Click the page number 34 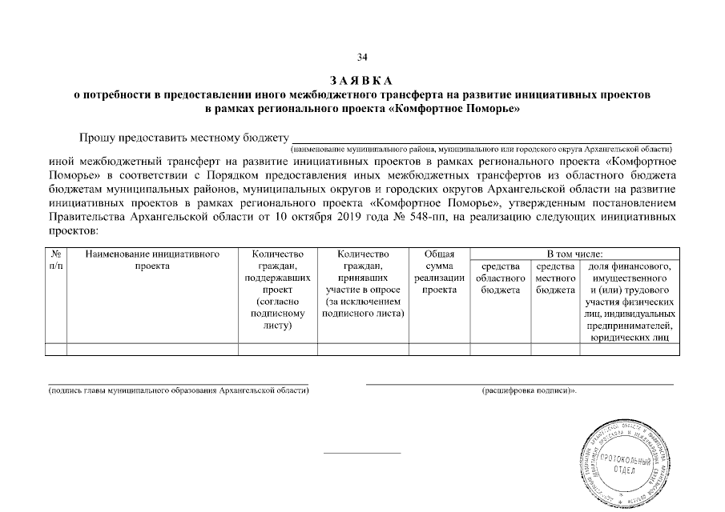362,57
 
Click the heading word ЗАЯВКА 362,81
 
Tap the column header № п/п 56,259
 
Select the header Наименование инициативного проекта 152,259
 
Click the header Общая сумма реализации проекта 439,271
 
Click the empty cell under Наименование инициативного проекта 152,348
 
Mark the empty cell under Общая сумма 439,348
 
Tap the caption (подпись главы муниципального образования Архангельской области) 178,391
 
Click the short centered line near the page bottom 361,454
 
